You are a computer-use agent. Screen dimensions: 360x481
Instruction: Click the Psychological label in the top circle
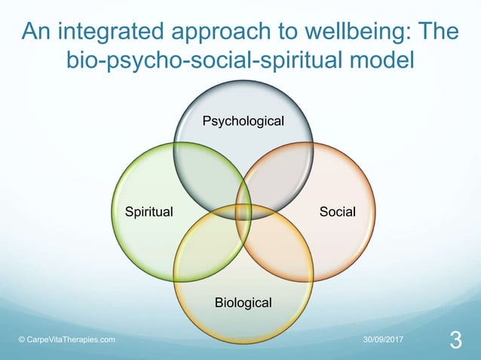click(x=243, y=121)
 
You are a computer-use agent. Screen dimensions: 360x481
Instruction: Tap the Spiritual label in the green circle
click(x=149, y=212)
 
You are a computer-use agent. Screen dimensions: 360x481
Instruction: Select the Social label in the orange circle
click(x=337, y=212)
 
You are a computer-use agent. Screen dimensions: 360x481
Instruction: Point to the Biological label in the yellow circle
click(x=243, y=302)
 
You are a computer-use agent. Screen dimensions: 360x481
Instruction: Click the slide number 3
click(x=455, y=340)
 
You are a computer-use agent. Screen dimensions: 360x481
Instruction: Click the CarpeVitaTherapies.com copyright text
click(x=66, y=340)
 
